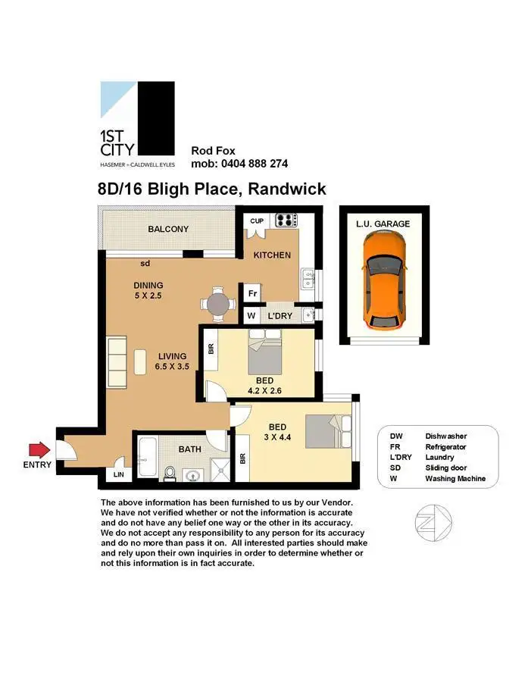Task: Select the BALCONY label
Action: (x=168, y=229)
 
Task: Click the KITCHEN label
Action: (x=271, y=255)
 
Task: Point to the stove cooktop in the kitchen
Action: (x=286, y=221)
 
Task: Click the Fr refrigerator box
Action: (x=251, y=293)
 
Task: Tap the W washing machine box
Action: (x=251, y=315)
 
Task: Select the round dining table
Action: (x=218, y=303)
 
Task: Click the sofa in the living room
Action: (x=117, y=362)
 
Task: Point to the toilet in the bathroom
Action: (x=170, y=473)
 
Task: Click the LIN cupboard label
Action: (x=118, y=474)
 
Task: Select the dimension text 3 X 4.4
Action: (x=276, y=436)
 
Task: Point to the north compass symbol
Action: (x=429, y=523)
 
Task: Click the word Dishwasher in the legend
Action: (x=445, y=436)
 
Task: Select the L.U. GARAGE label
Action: (x=383, y=224)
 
